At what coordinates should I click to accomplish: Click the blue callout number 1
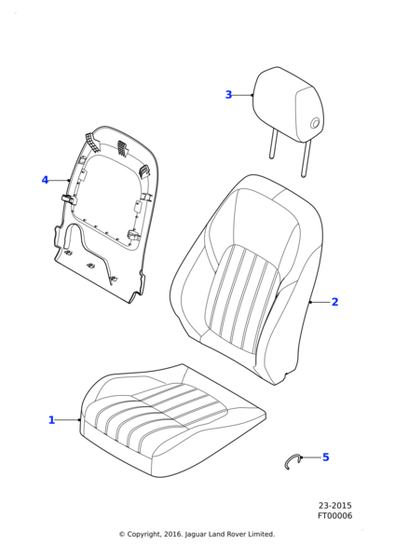point(51,420)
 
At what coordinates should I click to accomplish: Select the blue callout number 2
point(334,302)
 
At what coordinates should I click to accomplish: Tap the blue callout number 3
point(228,95)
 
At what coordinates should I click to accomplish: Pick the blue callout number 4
point(45,180)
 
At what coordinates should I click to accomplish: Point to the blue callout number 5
point(326,457)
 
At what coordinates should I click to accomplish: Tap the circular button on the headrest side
point(315,124)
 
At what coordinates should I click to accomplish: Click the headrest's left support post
point(273,143)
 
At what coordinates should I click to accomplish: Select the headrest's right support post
point(306,158)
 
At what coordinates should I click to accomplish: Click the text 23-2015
point(334,506)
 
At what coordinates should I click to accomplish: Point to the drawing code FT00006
point(334,516)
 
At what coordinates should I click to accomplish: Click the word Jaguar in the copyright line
point(196,535)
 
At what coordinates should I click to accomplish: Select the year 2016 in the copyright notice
point(173,534)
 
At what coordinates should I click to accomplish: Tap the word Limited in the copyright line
point(262,534)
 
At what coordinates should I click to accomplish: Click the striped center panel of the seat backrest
point(242,298)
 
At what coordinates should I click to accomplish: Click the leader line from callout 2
point(320,302)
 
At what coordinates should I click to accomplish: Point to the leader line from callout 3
point(243,95)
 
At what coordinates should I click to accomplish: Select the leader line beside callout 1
point(68,420)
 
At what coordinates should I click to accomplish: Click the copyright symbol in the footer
point(122,535)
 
